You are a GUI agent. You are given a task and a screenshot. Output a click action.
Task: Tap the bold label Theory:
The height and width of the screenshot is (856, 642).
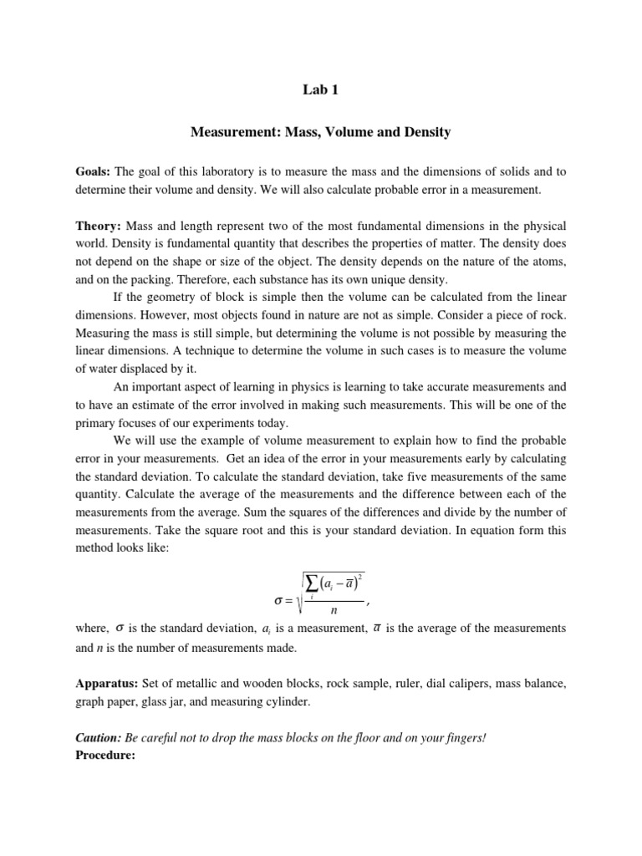click(x=98, y=227)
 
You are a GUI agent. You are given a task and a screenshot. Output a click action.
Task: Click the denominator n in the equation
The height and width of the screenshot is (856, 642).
click(x=332, y=614)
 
